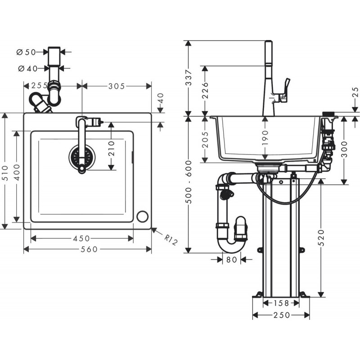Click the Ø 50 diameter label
[27, 52]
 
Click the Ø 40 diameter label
[28, 68]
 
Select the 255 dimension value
[40, 86]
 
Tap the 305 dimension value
[117, 86]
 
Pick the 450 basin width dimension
[81, 238]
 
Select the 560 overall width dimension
[89, 249]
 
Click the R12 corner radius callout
[171, 239]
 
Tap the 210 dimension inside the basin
[111, 148]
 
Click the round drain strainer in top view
[82, 157]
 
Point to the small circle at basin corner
[142, 216]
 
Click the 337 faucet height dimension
[189, 77]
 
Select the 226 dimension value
[205, 90]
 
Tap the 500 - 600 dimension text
[189, 182]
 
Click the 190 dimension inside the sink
[265, 138]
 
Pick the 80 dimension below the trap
[231, 260]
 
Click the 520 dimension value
[321, 238]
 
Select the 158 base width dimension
[281, 303]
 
